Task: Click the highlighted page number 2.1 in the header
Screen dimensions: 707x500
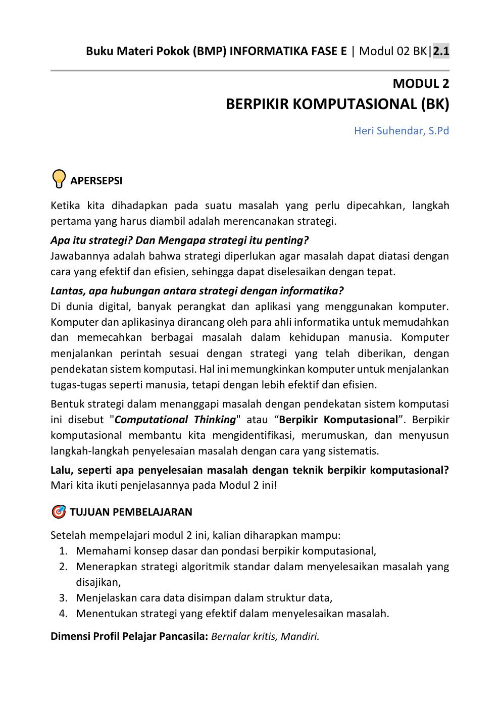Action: (441, 51)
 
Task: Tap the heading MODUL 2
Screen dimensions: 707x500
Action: (421, 83)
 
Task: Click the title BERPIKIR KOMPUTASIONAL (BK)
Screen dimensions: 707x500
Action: (337, 104)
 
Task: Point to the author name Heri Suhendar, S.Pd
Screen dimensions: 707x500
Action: (401, 131)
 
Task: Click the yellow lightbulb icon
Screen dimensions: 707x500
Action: (59, 179)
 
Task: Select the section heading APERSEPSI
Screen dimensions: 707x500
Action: (96, 181)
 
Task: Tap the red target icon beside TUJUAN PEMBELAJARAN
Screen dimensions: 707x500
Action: (59, 512)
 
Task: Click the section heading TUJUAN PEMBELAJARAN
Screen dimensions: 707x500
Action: (131, 512)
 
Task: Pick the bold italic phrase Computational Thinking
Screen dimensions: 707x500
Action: (175, 420)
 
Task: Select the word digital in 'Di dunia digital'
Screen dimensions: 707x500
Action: (114, 307)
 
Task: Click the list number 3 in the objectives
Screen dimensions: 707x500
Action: (63, 598)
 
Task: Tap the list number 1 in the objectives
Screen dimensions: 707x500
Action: (63, 551)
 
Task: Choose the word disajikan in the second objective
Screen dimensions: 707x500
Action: (97, 582)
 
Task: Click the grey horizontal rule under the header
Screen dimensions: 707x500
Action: (249, 71)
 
